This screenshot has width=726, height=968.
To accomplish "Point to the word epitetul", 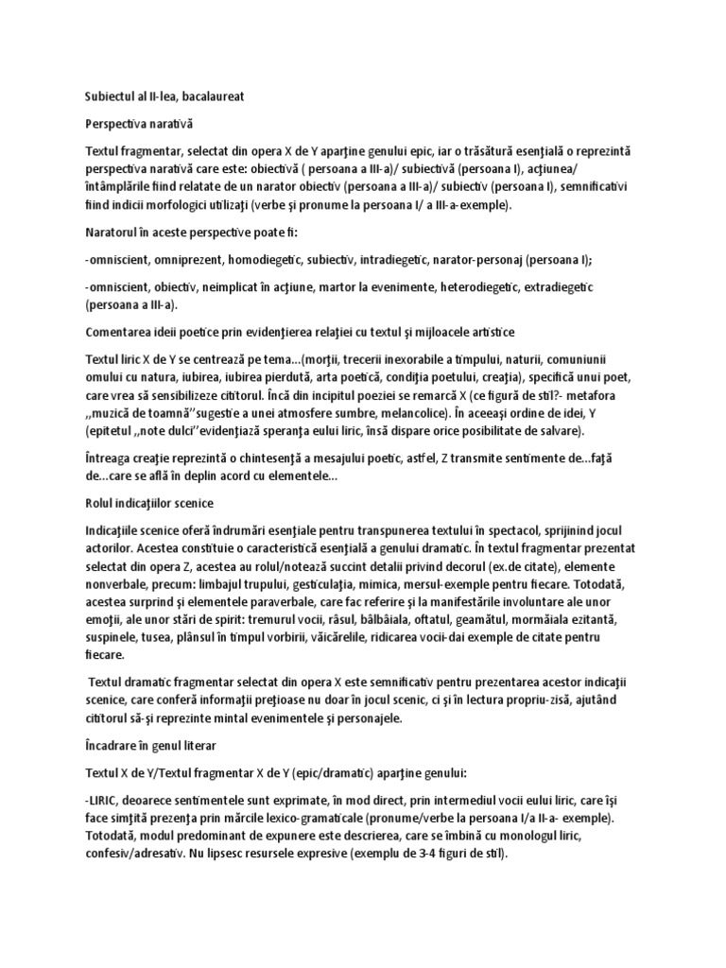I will tap(112, 431).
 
